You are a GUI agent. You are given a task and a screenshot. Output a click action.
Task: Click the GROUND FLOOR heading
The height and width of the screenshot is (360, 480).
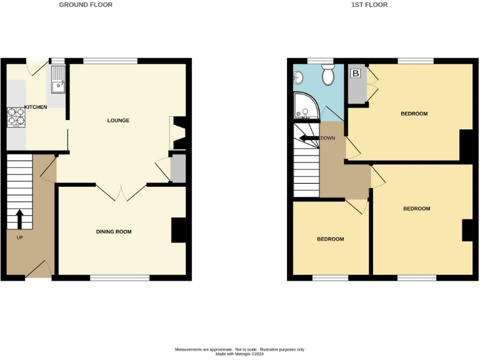pos(86,4)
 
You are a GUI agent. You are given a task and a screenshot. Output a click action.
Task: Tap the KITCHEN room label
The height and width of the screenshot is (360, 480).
pos(36,107)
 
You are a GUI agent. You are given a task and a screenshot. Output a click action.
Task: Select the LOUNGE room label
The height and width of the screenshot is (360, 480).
pos(118,120)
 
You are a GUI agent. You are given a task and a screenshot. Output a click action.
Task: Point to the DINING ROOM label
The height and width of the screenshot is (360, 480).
pos(114,232)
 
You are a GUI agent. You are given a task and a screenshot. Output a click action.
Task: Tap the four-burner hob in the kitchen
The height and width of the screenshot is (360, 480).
pos(16,117)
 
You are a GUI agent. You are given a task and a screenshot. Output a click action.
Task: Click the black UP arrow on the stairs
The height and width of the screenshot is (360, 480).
pos(19,219)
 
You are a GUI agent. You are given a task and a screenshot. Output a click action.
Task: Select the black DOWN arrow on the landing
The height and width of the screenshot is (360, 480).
pos(308,138)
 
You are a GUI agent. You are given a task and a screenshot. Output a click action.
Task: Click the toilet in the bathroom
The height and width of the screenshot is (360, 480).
pos(327,76)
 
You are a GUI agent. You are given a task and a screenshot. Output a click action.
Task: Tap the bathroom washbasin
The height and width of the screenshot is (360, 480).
pos(297,77)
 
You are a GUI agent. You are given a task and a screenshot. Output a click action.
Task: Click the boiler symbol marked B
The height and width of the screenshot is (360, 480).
pos(356,74)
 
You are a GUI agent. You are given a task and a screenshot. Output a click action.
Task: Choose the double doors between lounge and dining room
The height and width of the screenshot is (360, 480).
pos(121,192)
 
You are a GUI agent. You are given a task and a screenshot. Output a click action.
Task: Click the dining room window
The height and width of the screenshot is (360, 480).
pos(120,277)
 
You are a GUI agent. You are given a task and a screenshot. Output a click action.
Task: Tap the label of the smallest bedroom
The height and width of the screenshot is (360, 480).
pos(330,239)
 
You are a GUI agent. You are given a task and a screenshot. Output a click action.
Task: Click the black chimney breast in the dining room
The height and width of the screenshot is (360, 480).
pos(179,229)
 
